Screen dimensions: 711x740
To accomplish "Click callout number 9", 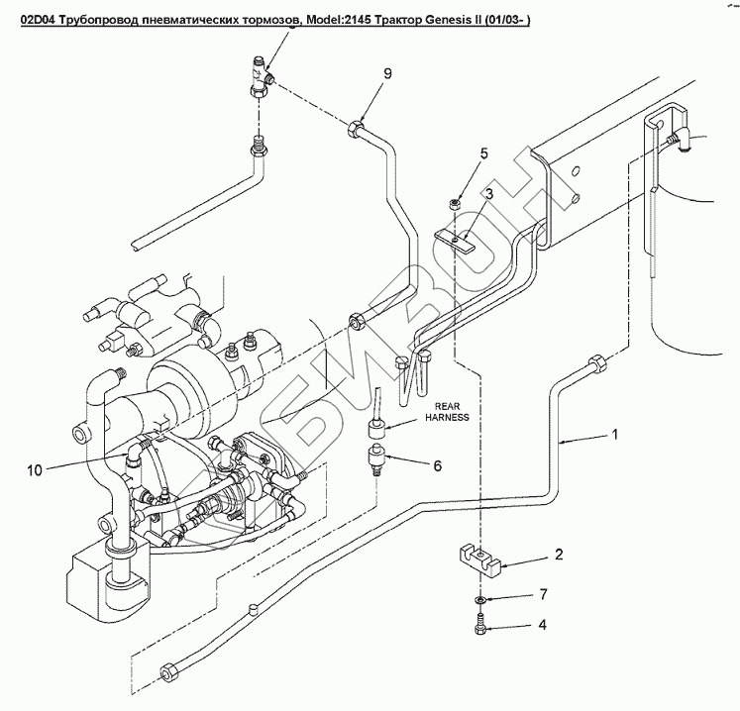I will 388,74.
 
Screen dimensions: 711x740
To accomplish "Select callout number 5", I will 484,153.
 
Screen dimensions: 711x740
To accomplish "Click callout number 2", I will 558,555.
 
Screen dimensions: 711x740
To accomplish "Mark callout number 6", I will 437,465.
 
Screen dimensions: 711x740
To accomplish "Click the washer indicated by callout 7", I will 479,601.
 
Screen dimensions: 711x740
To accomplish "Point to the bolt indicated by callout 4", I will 480,625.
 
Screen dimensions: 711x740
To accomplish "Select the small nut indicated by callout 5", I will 455,203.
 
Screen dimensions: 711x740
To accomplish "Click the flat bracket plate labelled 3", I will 458,240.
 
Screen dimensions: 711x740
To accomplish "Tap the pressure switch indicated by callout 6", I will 375,458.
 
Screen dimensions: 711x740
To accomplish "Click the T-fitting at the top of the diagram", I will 260,79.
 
